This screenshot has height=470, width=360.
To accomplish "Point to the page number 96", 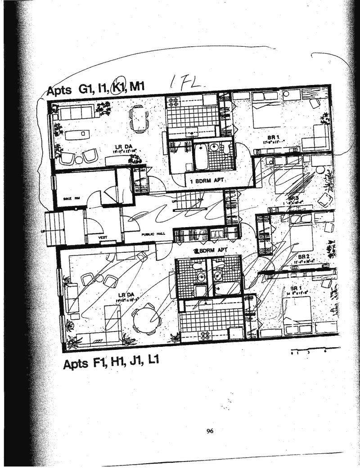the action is click(210, 431).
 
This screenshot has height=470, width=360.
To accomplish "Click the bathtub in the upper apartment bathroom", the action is click(200, 155).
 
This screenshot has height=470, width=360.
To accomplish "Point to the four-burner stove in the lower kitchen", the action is click(205, 335).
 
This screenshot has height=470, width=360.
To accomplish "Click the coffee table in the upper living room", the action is click(77, 134).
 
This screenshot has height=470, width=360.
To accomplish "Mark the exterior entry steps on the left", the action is click(54, 228).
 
